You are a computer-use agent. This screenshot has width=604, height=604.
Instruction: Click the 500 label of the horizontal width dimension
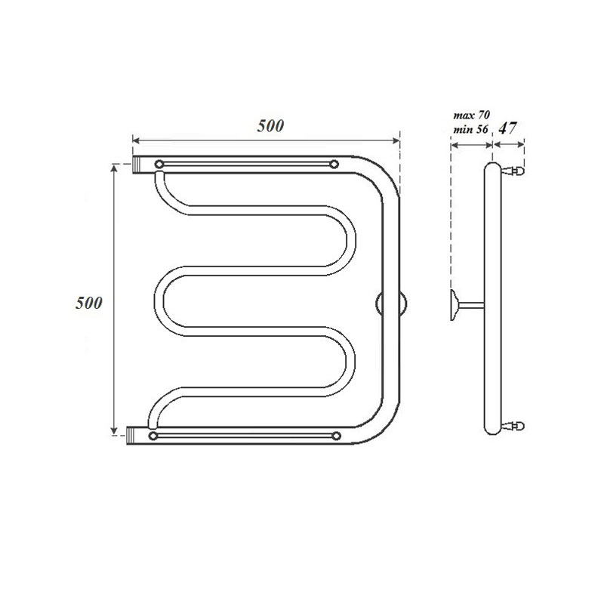[x=269, y=126]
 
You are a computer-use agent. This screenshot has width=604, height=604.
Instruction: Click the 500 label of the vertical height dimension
[x=88, y=302]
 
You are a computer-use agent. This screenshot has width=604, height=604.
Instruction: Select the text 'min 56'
[x=470, y=130]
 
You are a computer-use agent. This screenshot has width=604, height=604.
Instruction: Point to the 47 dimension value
[x=508, y=128]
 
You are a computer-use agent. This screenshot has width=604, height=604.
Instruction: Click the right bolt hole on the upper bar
[x=333, y=165]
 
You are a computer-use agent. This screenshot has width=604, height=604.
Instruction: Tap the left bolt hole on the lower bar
[x=154, y=436]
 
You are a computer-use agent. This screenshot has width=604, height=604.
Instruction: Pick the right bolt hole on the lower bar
[x=334, y=436]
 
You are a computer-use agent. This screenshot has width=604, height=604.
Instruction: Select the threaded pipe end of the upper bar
[x=140, y=165]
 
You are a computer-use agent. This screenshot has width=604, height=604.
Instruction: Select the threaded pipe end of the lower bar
[x=134, y=436]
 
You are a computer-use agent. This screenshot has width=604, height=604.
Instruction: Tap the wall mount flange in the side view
[x=454, y=305]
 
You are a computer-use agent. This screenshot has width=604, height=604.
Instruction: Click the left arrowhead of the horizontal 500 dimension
[x=137, y=140]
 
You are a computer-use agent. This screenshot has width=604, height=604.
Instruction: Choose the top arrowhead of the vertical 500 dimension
[x=115, y=168]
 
